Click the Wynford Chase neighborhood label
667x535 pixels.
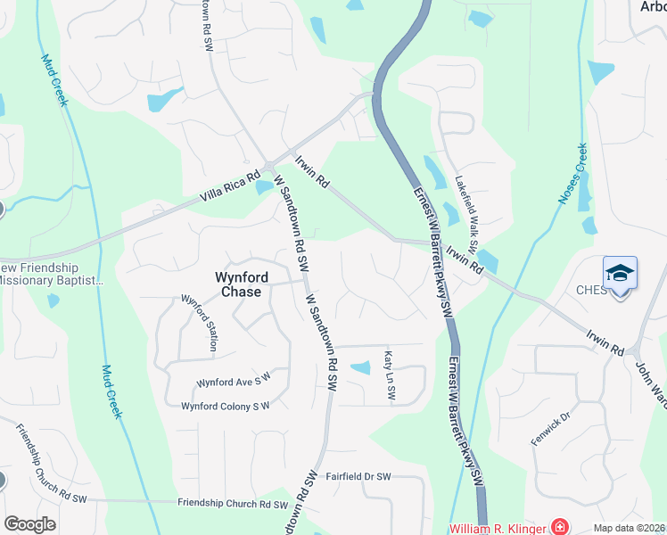(238, 284)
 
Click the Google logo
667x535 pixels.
(29, 523)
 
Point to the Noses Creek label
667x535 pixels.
(572, 174)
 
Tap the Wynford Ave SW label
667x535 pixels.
(233, 383)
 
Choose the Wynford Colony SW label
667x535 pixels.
(225, 407)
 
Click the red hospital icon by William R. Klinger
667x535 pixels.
(559, 527)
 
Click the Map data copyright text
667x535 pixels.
(630, 528)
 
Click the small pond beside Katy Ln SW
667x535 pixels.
(360, 367)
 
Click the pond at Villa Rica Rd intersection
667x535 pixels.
(263, 187)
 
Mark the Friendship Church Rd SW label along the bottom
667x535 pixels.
(232, 504)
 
